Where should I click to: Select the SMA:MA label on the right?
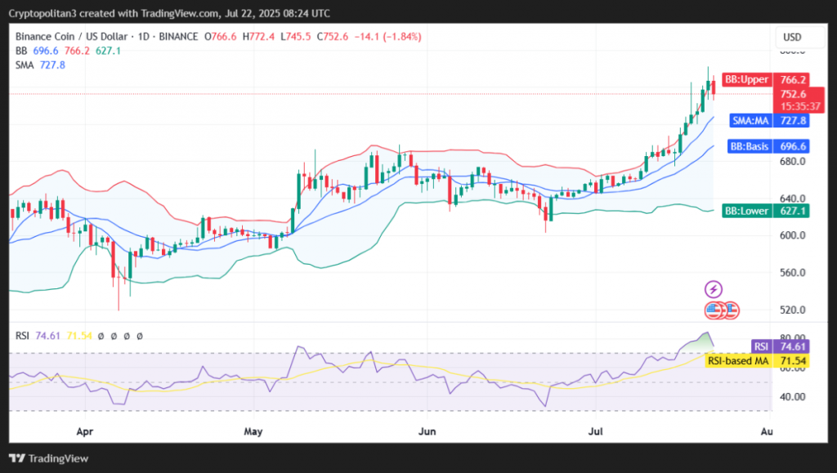(748, 120)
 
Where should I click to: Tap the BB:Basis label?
(748, 146)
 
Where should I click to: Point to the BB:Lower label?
(749, 211)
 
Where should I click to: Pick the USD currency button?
(792, 38)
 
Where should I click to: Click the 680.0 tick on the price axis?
(791, 161)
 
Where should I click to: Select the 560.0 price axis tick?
(791, 273)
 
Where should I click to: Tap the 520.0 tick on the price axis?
(791, 310)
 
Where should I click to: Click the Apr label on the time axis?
(83, 429)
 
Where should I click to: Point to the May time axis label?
(255, 429)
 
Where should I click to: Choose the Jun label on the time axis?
(425, 429)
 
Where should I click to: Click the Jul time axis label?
(597, 429)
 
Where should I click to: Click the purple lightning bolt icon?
(714, 289)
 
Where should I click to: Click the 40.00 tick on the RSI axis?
(791, 397)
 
